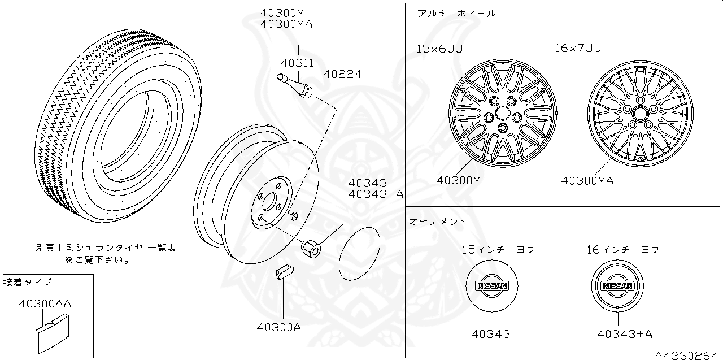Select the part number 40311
click(x=297, y=63)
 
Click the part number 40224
click(x=342, y=73)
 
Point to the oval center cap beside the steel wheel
click(x=360, y=253)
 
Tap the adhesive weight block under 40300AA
click(x=50, y=335)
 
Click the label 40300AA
click(x=45, y=303)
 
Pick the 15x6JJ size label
click(x=439, y=49)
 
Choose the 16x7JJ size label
click(x=577, y=49)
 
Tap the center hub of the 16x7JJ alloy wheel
click(x=640, y=113)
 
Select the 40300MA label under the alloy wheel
click(x=587, y=181)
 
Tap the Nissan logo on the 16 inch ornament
click(x=618, y=286)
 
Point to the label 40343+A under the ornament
click(x=625, y=334)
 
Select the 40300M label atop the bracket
click(x=282, y=13)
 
